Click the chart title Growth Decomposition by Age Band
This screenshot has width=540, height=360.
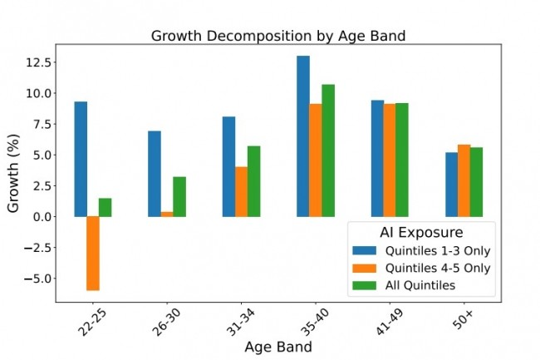277,36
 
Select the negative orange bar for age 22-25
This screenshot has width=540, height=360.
93,253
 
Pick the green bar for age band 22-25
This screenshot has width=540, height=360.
106,207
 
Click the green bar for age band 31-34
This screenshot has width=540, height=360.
253,181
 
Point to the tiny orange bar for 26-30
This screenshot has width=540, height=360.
167,214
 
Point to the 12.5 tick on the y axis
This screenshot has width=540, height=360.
40,62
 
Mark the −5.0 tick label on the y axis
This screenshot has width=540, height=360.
40,279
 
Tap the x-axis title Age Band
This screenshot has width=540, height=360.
277,348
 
